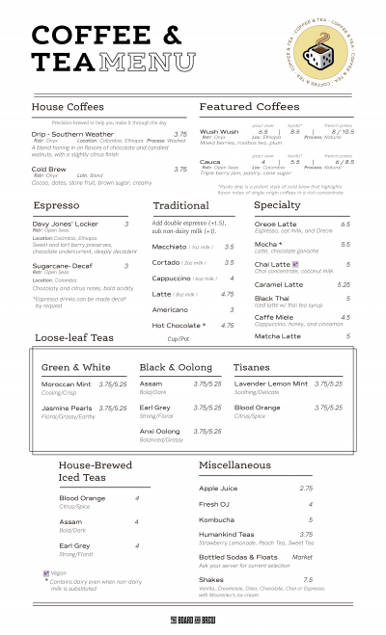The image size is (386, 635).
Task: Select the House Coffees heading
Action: coord(68,106)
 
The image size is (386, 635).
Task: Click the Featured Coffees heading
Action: coord(249,106)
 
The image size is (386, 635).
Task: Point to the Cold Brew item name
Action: coord(49,169)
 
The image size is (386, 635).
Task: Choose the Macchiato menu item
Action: coord(170,247)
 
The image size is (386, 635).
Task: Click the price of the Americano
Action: coord(232,309)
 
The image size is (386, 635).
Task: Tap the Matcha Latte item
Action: coord(278,336)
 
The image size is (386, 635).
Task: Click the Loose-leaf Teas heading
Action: coord(74,338)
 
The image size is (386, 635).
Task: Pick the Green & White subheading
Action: coord(76,367)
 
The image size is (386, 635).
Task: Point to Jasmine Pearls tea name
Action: coord(67,408)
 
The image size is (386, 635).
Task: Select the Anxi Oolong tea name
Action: coord(160,431)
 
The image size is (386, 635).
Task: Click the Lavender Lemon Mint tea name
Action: coord(271,384)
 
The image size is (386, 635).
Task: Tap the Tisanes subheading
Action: coord(252,367)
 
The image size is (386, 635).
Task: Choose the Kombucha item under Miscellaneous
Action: coord(218,519)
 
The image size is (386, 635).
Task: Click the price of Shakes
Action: coord(308,579)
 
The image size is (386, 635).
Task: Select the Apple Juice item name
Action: coord(218,489)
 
